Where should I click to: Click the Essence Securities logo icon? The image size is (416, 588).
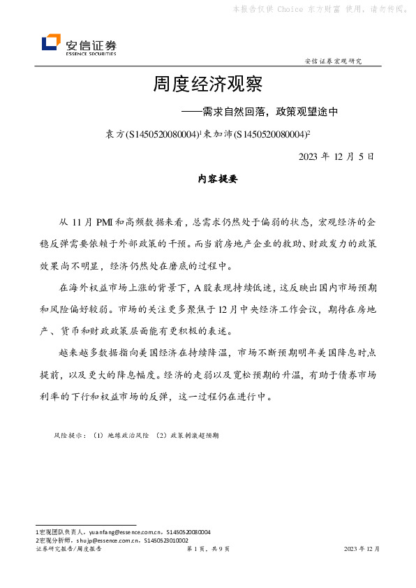[51, 43]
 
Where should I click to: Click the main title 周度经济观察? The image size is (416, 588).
[207, 85]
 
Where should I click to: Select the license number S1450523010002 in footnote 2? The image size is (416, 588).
[165, 540]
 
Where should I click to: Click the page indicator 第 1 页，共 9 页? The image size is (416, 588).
[208, 550]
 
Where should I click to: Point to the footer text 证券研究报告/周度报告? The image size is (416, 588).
[68, 550]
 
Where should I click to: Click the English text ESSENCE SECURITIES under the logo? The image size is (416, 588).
[91, 53]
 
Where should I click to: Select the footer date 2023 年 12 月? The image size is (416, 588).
[362, 550]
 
